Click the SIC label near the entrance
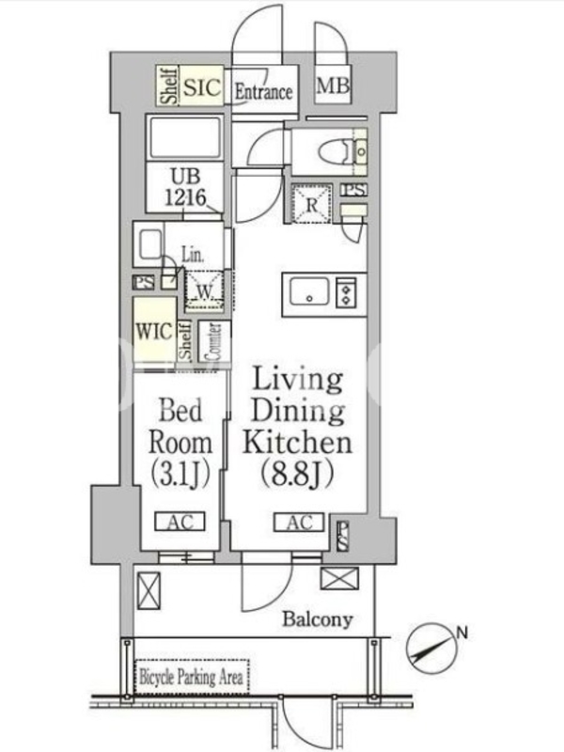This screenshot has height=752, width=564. (202, 87)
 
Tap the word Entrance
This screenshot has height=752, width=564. (263, 91)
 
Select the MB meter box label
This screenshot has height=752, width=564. (333, 86)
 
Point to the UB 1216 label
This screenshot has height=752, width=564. (185, 187)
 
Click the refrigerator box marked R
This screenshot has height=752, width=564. (312, 204)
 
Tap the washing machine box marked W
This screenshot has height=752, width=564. (205, 290)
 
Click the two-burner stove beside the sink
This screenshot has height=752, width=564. (346, 292)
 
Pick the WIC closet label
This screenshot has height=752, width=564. (154, 332)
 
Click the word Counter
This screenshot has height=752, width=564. (213, 341)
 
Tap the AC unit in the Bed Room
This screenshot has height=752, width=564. (180, 522)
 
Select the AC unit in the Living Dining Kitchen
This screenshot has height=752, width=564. (299, 522)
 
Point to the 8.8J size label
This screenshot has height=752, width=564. (297, 475)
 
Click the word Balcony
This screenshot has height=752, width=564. (318, 619)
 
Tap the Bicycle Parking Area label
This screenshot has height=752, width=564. (191, 677)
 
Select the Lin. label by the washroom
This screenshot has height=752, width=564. (193, 255)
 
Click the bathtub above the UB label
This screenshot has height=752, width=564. (184, 138)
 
